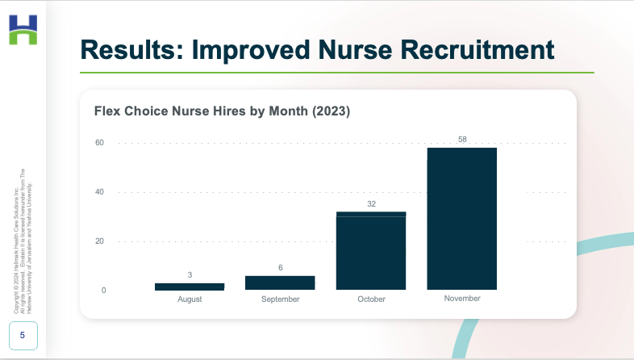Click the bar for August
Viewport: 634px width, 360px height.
190,287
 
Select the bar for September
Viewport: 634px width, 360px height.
280,283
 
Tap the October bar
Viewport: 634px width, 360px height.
371,251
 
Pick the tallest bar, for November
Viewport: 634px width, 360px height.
462,219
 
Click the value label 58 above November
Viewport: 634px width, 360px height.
462,140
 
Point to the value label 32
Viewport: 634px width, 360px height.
371,204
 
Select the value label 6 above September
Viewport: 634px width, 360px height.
280,268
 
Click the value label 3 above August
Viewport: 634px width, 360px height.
190,275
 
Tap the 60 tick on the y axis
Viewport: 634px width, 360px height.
100,143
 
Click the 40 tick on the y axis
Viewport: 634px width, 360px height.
100,192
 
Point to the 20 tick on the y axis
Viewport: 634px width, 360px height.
100,241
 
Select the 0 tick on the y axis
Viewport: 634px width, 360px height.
102,291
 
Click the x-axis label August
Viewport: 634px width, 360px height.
190,299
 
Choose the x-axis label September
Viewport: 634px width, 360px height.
280,299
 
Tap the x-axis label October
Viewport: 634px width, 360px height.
371,299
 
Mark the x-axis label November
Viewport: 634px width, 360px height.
462,299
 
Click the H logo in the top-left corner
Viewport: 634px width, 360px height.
23,30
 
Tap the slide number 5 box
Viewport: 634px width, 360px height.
22,334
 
